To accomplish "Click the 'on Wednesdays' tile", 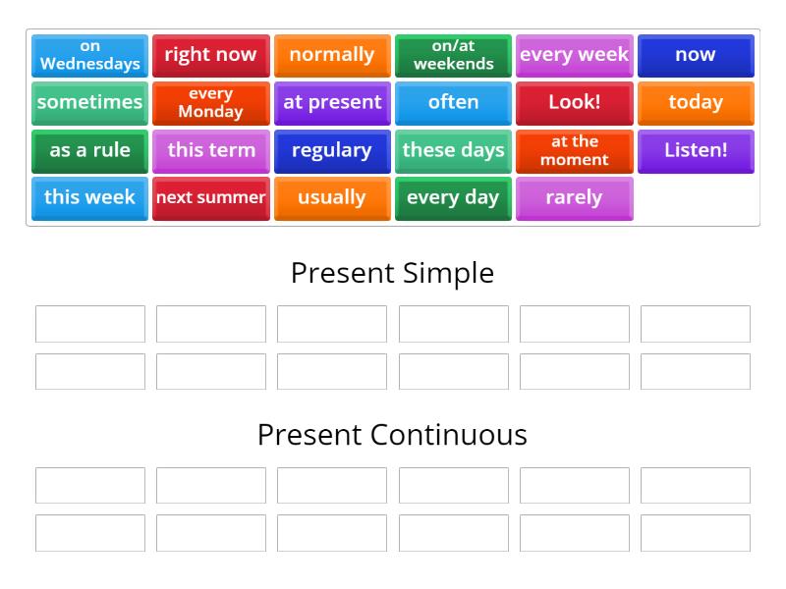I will click(89, 55).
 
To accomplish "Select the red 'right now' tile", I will click(210, 55).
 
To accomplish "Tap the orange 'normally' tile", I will click(332, 55).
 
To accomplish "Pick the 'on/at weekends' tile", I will click(453, 55).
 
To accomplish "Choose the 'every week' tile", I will click(574, 55).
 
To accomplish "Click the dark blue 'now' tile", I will click(696, 55).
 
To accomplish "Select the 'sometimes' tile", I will click(89, 102).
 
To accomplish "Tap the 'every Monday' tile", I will click(210, 102).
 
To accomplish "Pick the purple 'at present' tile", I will click(332, 102).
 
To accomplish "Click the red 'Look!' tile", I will click(574, 102).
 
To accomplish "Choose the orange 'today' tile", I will click(696, 102).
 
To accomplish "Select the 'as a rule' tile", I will click(89, 150).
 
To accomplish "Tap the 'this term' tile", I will click(210, 150).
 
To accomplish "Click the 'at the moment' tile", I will click(574, 150).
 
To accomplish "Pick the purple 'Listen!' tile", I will click(696, 150).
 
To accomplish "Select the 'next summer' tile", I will click(210, 197).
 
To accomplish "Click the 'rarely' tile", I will click(574, 197).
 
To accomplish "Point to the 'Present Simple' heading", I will click(392, 273).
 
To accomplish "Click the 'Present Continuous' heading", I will click(392, 435).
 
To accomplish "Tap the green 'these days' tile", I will click(453, 150).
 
